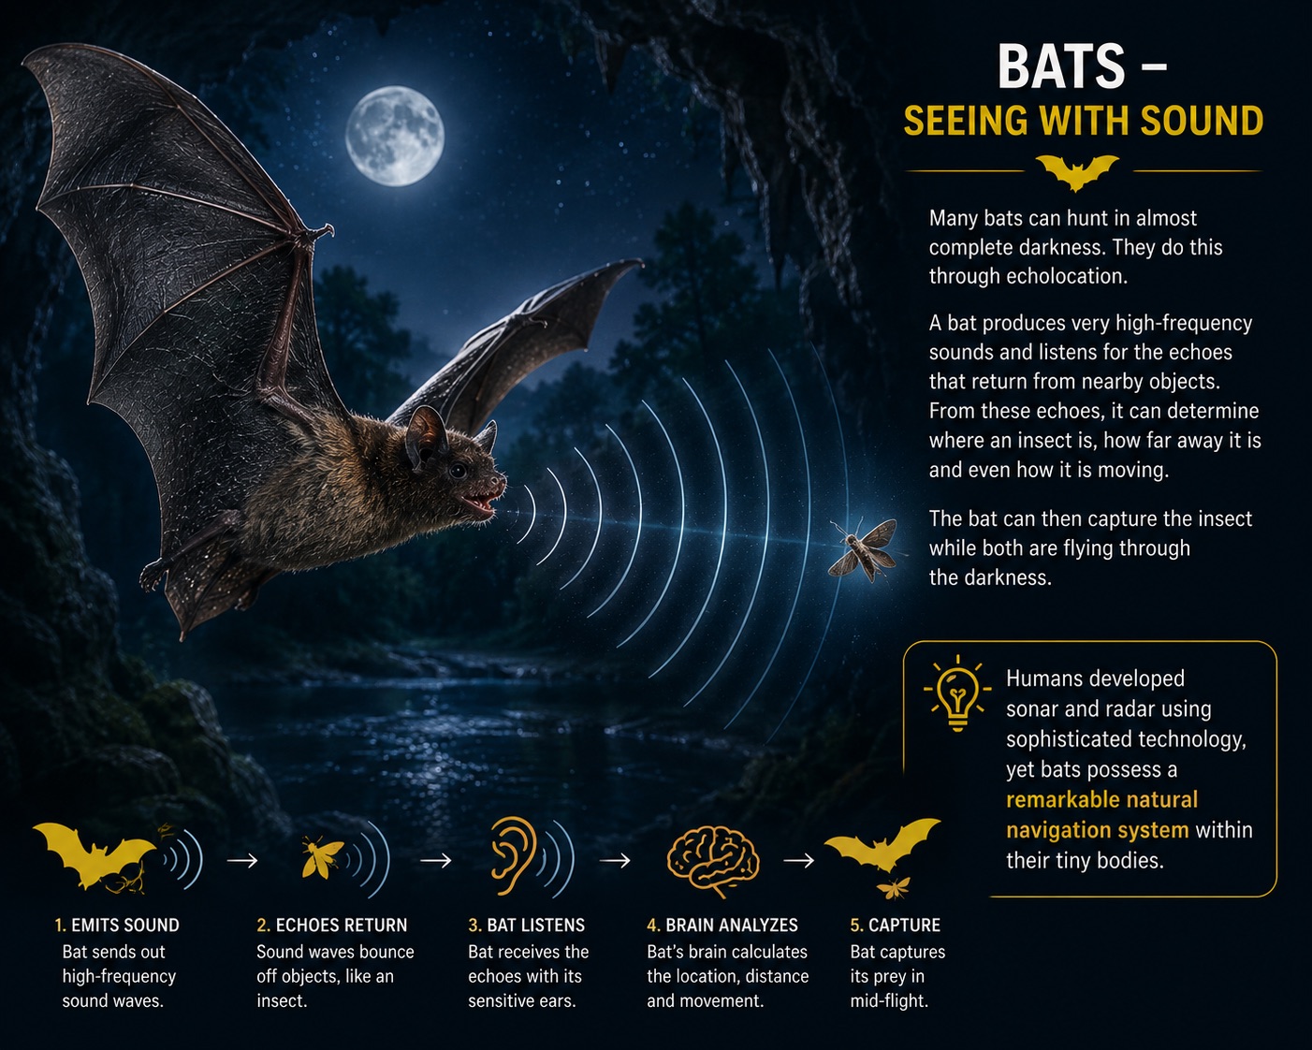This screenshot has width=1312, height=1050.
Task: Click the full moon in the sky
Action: [x=395, y=136]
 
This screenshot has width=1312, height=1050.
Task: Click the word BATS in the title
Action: [x=1061, y=66]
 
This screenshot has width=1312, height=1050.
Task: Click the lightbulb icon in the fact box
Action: [x=957, y=693]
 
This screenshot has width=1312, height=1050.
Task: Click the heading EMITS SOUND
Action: [x=125, y=925]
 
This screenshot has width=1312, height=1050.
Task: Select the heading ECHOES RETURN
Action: [x=342, y=925]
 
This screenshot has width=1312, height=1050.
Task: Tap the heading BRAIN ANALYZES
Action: [x=732, y=925]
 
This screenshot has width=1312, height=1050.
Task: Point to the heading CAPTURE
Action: [x=904, y=925]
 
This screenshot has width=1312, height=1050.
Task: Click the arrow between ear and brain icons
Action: [x=615, y=860]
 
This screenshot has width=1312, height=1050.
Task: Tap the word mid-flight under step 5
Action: [x=889, y=1000]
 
